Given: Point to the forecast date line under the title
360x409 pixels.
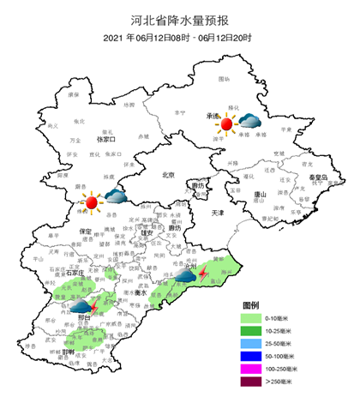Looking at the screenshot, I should click(180, 38).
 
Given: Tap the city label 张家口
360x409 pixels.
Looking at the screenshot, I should click(106, 138).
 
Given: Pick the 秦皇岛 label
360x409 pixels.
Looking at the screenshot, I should click(320, 177).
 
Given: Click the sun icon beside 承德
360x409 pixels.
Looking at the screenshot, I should click(226, 124).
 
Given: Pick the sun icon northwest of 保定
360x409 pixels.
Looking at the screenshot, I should click(91, 202).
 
